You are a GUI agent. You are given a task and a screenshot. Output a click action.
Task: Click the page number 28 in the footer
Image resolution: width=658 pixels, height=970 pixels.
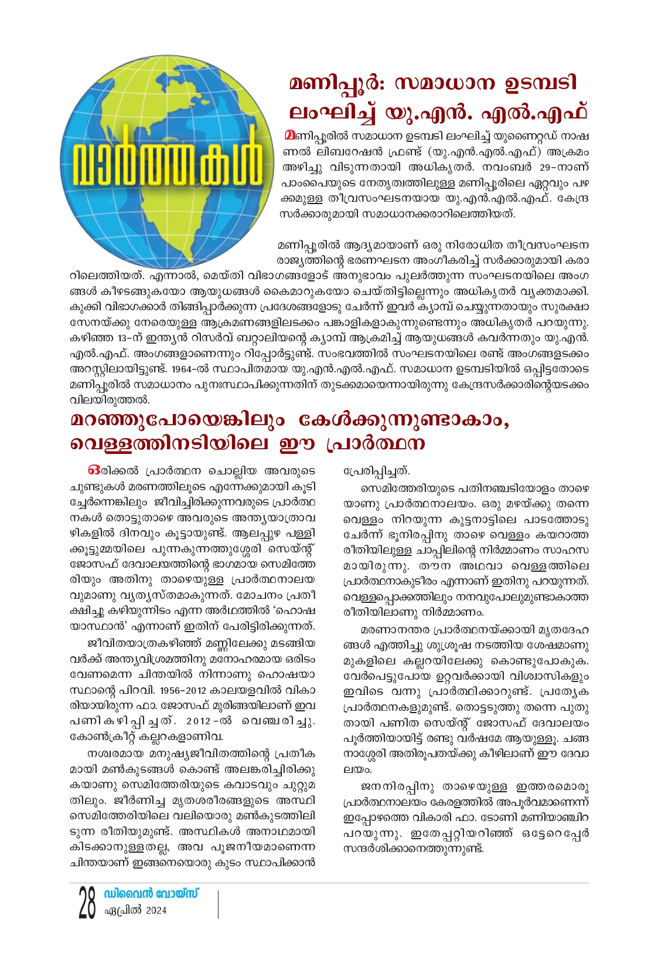[x=87, y=903]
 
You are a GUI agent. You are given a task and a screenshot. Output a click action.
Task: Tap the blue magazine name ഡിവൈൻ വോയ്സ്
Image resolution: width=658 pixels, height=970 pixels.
[x=151, y=894]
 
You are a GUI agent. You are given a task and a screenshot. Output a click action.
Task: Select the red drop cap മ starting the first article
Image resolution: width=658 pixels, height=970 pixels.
[x=288, y=135]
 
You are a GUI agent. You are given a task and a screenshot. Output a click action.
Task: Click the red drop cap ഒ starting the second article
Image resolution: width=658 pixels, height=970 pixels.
[x=92, y=471]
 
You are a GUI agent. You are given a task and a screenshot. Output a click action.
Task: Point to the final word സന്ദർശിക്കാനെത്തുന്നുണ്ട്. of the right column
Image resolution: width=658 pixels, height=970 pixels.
[x=413, y=848]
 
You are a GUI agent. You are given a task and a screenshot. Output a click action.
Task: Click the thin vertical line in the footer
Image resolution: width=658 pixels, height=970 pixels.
[x=218, y=904]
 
